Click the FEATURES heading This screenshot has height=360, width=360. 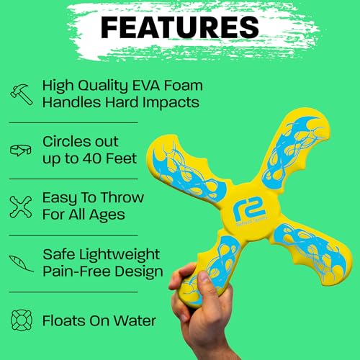[x=179, y=27]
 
